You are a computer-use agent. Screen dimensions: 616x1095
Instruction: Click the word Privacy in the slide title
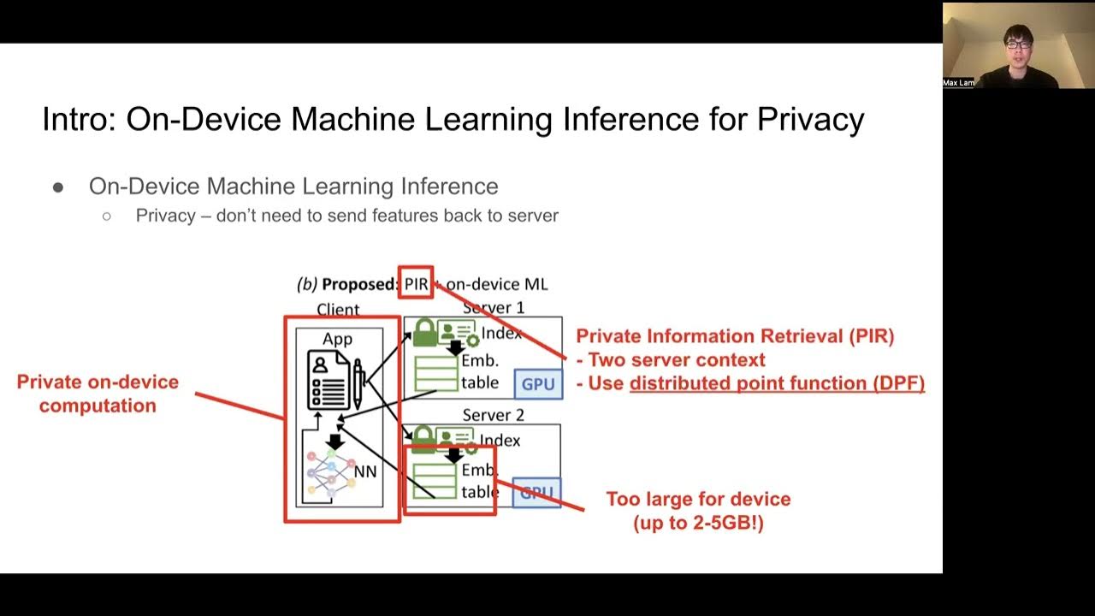click(810, 119)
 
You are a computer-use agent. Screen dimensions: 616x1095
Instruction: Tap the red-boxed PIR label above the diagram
click(416, 284)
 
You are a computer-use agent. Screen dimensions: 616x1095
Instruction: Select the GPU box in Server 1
click(538, 384)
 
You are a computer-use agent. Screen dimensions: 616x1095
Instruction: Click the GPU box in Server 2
click(536, 493)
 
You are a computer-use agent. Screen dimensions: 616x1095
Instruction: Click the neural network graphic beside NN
click(330, 472)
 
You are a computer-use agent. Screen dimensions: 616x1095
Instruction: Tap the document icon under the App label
click(328, 383)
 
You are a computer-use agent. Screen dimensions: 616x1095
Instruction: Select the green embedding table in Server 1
click(436, 374)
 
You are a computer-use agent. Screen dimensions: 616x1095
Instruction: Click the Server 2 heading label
click(493, 416)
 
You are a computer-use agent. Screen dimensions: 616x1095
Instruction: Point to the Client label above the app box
click(338, 310)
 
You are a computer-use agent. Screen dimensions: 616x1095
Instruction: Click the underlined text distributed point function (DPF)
click(777, 383)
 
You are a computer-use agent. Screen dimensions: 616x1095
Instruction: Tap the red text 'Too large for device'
click(698, 499)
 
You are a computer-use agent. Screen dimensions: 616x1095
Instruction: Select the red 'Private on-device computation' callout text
click(98, 394)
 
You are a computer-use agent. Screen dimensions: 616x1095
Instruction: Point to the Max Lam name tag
click(958, 83)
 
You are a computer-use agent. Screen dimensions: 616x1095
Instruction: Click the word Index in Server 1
click(501, 334)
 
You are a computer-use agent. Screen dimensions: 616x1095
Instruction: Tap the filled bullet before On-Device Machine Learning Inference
click(58, 187)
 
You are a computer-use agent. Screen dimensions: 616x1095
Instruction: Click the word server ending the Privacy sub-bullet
click(531, 216)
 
